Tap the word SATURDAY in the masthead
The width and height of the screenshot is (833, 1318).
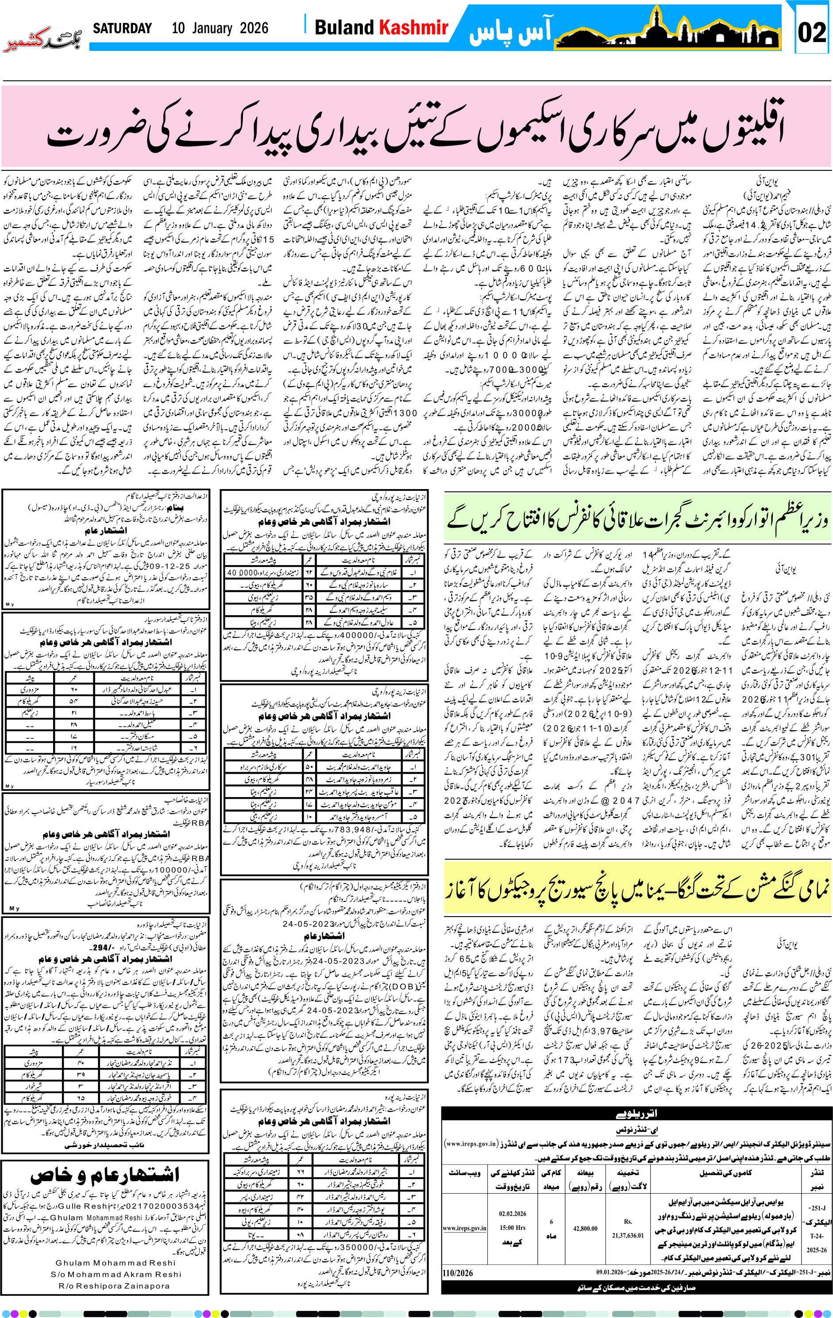pyautogui.click(x=122, y=28)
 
